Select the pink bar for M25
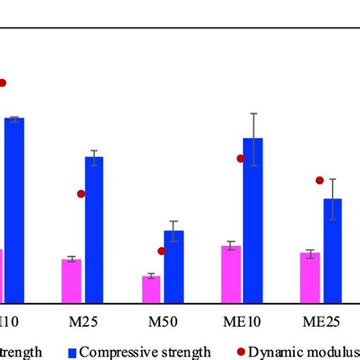tap(71, 281)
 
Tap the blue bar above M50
tap(174, 267)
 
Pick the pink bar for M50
tap(151, 289)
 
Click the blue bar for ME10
tap(253, 220)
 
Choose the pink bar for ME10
tap(231, 274)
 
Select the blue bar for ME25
tap(332, 251)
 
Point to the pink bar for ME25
tap(310, 278)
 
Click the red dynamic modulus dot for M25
tap(81, 194)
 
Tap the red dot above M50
tap(162, 251)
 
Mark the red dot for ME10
tap(241, 159)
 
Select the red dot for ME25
tap(320, 180)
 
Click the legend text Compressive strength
tap(145, 352)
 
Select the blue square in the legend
tap(72, 352)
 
